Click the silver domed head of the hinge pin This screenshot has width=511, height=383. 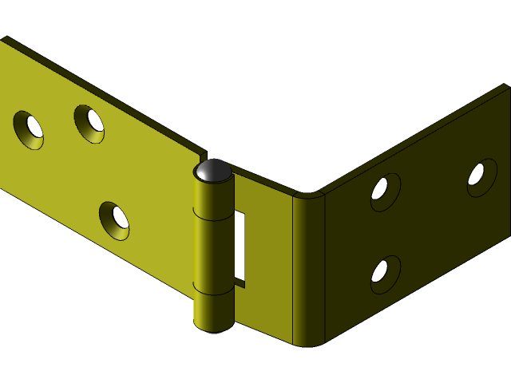pos(213,170)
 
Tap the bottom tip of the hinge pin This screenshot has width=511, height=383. pos(213,330)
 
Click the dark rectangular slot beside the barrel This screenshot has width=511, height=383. pos(239,247)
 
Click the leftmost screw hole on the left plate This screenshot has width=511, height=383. pos(29,129)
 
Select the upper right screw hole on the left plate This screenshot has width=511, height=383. pos(89,124)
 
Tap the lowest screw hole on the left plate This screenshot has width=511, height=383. pos(114,220)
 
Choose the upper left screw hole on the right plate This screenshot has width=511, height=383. pos(385,191)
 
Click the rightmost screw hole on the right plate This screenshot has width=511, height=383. pos(481,177)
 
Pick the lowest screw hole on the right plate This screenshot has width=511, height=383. pos(385,274)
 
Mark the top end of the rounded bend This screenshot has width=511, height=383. pos(307,194)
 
